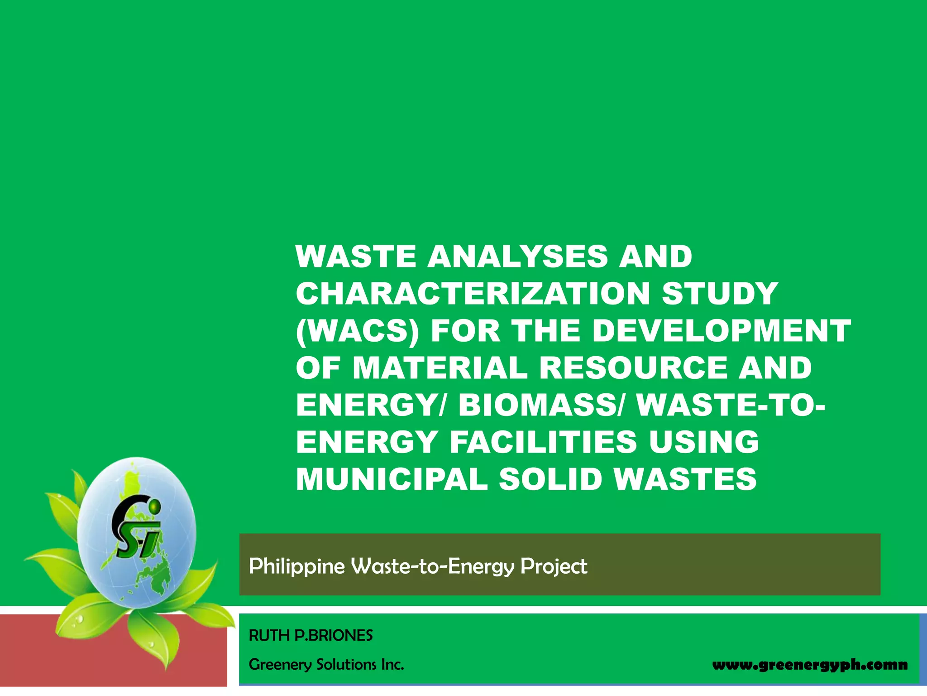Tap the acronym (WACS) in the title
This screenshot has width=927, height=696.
click(x=357, y=331)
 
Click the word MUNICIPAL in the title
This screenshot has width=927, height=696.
click(x=392, y=479)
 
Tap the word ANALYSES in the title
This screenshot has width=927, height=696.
click(x=517, y=256)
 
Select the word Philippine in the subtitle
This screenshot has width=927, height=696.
click(x=296, y=567)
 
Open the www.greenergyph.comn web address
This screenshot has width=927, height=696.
click(x=810, y=665)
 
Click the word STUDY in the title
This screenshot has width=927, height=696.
click(x=720, y=294)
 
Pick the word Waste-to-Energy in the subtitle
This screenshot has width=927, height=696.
click(x=433, y=567)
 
